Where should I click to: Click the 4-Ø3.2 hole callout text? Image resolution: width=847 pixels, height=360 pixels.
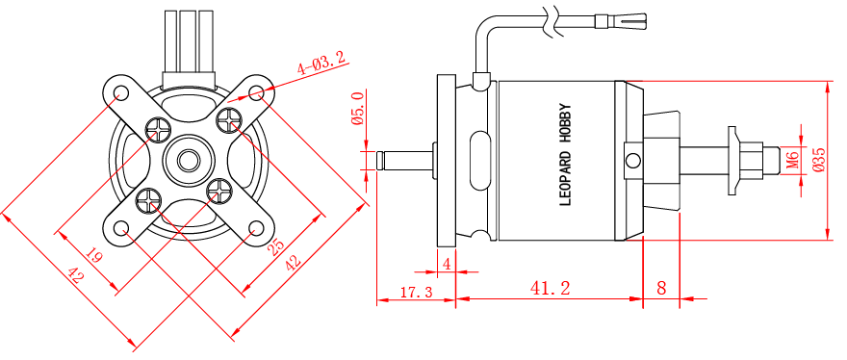pyautogui.click(x=321, y=63)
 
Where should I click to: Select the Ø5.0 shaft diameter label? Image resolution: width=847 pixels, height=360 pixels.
pyautogui.click(x=357, y=109)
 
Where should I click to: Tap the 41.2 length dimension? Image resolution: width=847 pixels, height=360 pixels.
pyautogui.click(x=550, y=288)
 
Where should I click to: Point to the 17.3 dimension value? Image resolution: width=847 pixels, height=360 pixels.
pyautogui.click(x=417, y=293)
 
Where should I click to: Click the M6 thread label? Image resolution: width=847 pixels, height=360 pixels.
pyautogui.click(x=792, y=161)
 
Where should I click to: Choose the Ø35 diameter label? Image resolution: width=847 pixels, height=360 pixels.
pyautogui.click(x=818, y=160)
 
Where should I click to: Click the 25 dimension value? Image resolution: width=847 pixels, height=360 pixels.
pyautogui.click(x=275, y=247)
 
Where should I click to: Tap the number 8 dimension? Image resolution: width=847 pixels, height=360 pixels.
pyautogui.click(x=661, y=288)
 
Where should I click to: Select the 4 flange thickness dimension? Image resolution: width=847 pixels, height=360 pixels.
pyautogui.click(x=447, y=265)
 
